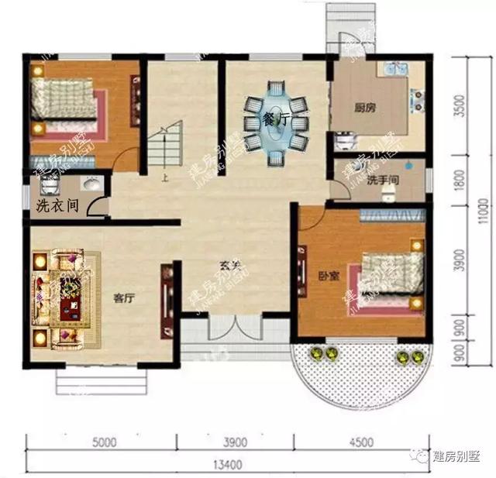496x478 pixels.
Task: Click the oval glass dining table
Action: pyautogui.click(x=277, y=124)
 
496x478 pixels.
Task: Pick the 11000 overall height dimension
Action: pyautogui.click(x=483, y=209)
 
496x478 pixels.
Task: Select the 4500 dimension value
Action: pyautogui.click(x=361, y=443)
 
